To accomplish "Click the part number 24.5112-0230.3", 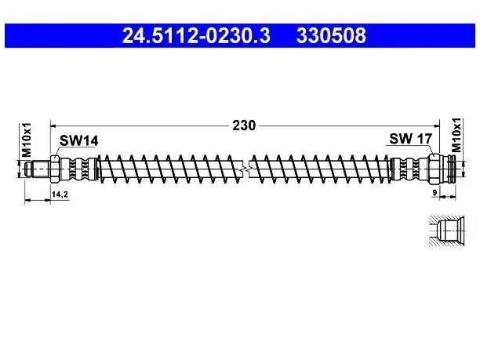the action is (196, 35).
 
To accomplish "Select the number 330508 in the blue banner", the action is (331, 35).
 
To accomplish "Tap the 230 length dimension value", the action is (244, 125).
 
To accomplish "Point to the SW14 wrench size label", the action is (78, 141).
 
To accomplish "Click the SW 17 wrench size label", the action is (410, 139).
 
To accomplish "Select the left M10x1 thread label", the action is (27, 140).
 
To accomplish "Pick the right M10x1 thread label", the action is (456, 135).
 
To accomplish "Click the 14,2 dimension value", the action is (60, 194).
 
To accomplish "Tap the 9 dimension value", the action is (435, 193).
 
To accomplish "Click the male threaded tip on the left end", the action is (37, 169).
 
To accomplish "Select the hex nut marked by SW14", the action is (54, 169).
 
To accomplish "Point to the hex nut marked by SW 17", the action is (434, 169).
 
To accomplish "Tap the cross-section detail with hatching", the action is (446, 231).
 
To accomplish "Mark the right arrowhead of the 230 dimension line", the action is (436, 125).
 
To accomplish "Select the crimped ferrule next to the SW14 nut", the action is (78, 169).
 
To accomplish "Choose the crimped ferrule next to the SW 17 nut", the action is (409, 169).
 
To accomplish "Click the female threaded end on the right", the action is (448, 169).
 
